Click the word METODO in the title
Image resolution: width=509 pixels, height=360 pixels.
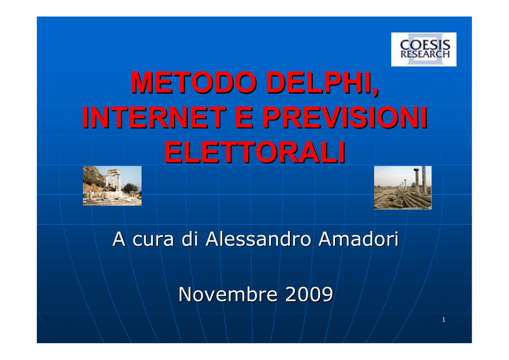pos(193,83)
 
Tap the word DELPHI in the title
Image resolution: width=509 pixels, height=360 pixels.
pos(322,83)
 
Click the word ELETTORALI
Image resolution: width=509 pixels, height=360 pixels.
pos(254,152)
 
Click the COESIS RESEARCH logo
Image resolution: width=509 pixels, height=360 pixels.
pos(424,49)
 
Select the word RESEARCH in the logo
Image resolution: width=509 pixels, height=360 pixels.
pos(425,54)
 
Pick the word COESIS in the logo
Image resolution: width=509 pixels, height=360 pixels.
pos(425,45)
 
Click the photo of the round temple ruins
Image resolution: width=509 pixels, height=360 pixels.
pos(112,185)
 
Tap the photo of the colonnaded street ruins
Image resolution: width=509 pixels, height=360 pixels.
pos(403,187)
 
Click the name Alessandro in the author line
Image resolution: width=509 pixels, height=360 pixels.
pos(258,239)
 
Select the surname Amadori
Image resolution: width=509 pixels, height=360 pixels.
pos(358,239)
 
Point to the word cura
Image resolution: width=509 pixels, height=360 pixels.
pos(153,240)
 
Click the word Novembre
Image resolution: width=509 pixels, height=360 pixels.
pos(228,294)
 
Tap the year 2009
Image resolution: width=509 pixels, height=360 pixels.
pos(309,294)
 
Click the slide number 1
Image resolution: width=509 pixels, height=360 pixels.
pos(444,320)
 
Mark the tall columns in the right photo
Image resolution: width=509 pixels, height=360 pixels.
pos(421,180)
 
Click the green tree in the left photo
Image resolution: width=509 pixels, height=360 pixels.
pos(131,188)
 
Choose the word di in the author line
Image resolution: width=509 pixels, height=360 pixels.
pos(189,239)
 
